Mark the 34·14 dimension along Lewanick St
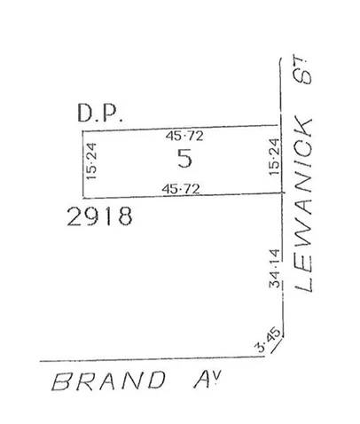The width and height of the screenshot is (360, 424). coord(274,267)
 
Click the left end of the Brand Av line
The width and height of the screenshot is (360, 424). coord(40,361)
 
